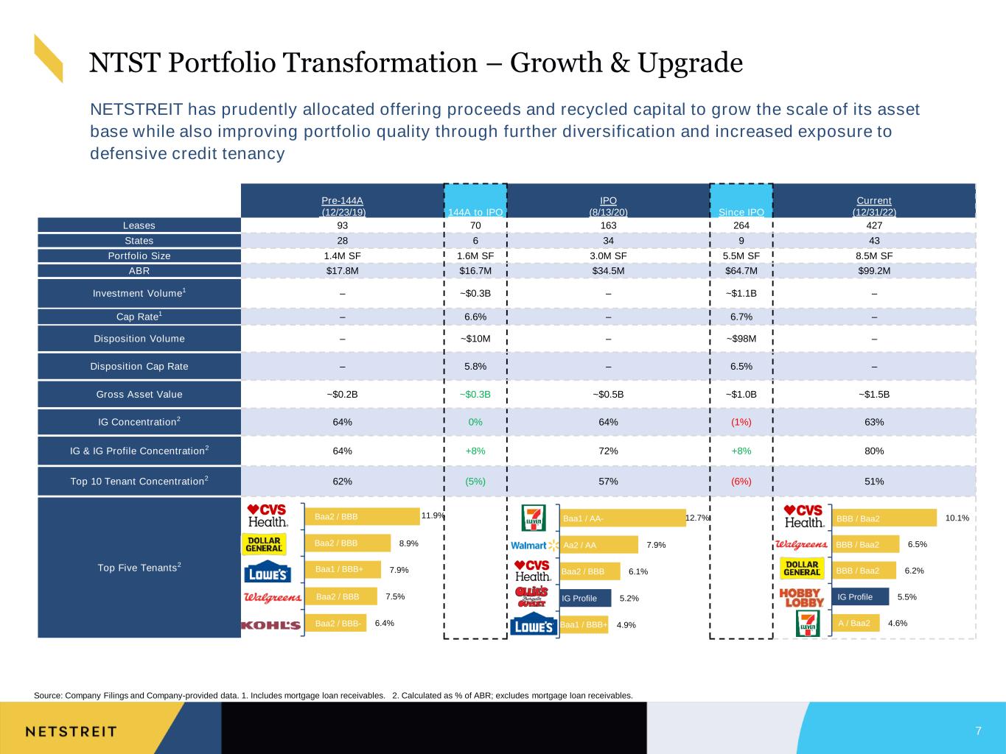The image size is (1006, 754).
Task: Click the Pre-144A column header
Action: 343,206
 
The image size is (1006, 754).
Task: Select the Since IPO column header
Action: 741,212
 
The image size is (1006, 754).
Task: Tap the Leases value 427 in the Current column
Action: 874,225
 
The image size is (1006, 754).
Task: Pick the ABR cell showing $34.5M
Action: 608,270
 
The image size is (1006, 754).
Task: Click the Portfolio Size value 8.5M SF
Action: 874,256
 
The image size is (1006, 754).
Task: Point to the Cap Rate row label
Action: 139,317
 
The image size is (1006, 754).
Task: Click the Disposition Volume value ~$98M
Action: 741,339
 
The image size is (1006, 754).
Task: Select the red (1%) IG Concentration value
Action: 741,422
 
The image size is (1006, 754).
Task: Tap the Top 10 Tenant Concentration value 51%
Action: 874,481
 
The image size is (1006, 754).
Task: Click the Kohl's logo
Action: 271,625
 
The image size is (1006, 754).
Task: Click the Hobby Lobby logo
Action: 802,597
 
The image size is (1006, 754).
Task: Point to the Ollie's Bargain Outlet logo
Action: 531,596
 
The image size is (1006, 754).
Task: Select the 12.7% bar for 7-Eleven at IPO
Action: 623,518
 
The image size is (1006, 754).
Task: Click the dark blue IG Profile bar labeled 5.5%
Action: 860,596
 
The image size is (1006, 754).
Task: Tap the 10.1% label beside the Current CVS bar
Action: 957,518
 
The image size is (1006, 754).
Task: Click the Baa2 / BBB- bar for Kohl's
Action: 335,623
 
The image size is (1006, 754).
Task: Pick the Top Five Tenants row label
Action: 139,567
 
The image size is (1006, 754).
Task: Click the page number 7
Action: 979,730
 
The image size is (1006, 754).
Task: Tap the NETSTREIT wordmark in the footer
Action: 71,732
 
